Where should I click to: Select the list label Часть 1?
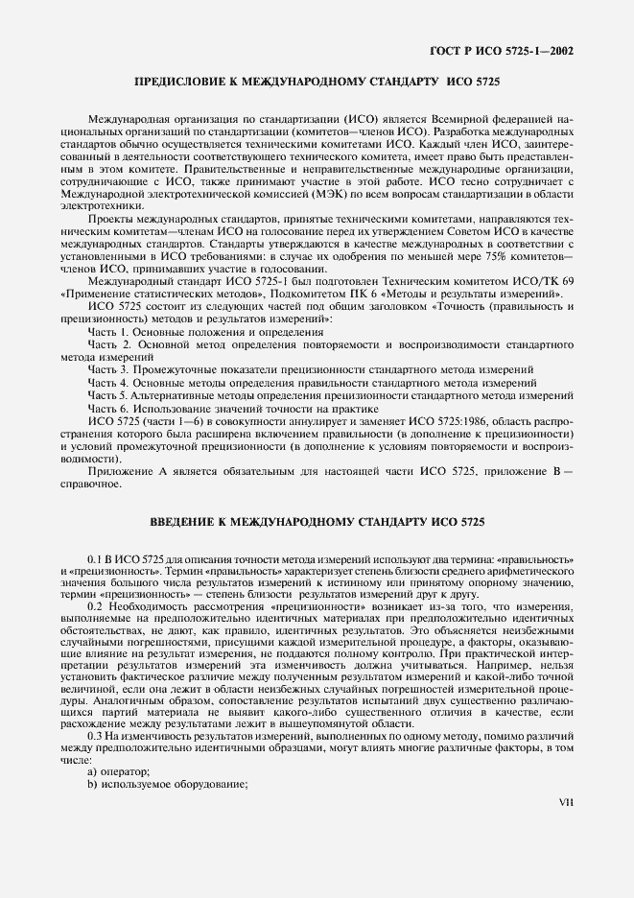[108, 331]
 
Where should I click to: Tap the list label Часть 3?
[108, 369]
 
